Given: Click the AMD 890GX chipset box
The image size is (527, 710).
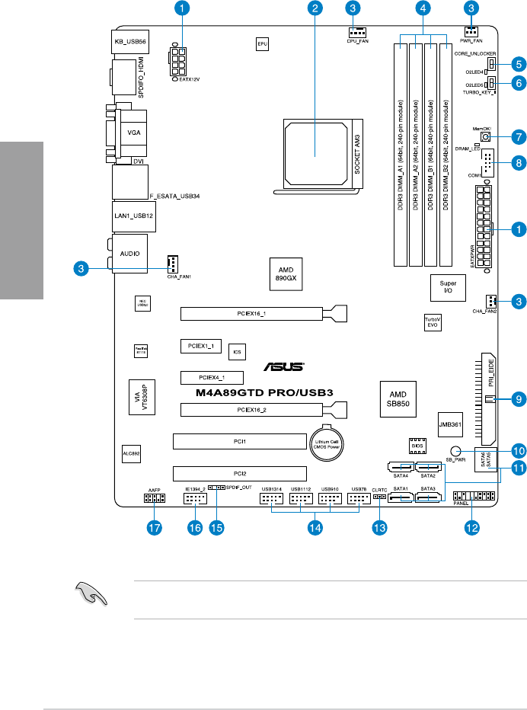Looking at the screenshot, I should point(286,273).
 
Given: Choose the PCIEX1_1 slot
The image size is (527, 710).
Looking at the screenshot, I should point(202,346).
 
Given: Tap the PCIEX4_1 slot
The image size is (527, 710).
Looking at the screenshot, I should point(212,377).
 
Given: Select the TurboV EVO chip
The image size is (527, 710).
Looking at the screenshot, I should point(433,322).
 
